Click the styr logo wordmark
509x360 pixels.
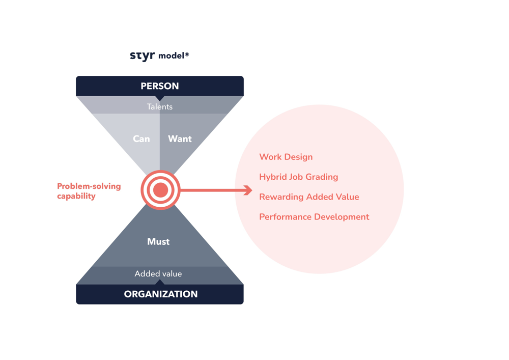tap(142, 56)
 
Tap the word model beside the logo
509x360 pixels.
tap(171, 56)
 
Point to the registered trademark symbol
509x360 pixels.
tap(187, 53)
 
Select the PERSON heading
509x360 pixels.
tap(160, 86)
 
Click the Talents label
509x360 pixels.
tap(160, 106)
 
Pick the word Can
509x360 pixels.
tap(142, 139)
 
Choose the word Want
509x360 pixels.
tap(180, 139)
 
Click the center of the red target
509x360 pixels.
tap(160, 190)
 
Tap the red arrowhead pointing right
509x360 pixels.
tap(248, 190)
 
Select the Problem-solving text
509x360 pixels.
tap(89, 186)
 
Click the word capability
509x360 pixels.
tap(76, 196)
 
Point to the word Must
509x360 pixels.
tap(158, 242)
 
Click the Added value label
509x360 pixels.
tap(158, 274)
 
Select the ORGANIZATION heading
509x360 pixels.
tap(160, 294)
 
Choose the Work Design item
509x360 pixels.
tap(286, 157)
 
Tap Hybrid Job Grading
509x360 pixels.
tap(299, 177)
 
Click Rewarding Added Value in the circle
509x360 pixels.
tap(309, 197)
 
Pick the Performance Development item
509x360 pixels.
tap(314, 217)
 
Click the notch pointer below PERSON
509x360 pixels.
tap(160, 97)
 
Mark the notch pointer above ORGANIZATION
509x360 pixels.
tap(160, 282)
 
